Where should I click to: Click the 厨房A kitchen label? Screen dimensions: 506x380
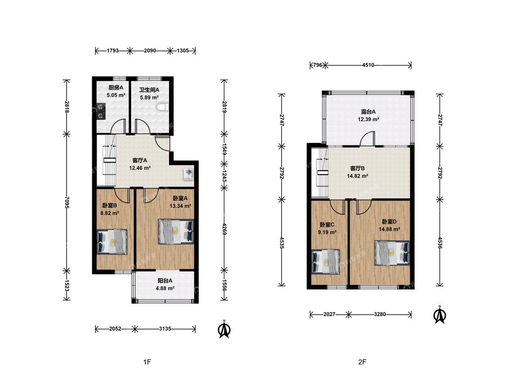pyautogui.click(x=116, y=87)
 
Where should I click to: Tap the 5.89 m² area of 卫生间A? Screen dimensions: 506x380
pyautogui.click(x=149, y=97)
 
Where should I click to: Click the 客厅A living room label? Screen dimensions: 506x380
pyautogui.click(x=140, y=160)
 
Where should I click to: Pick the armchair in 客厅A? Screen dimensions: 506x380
pyautogui.click(x=188, y=174)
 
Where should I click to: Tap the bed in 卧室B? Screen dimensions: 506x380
pyautogui.click(x=112, y=241)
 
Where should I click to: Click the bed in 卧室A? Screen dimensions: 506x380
pyautogui.click(x=176, y=231)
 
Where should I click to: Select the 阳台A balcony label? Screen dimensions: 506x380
pyautogui.click(x=165, y=280)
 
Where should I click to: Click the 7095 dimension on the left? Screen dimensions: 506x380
pyautogui.click(x=67, y=202)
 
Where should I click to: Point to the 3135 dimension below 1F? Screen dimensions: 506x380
pyautogui.click(x=165, y=329)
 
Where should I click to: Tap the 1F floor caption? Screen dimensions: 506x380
pyautogui.click(x=147, y=362)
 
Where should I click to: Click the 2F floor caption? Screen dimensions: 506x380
pyautogui.click(x=362, y=362)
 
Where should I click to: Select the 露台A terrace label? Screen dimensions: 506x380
pyautogui.click(x=368, y=112)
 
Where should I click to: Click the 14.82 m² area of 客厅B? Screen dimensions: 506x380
pyautogui.click(x=358, y=176)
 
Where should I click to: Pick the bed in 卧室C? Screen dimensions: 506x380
pyautogui.click(x=326, y=262)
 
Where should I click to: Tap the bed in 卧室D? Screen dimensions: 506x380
pyautogui.click(x=392, y=253)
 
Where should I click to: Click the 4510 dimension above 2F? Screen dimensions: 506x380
pyautogui.click(x=368, y=65)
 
